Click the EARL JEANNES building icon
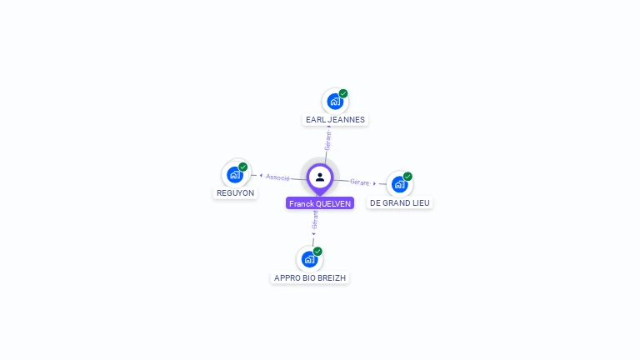click(334, 102)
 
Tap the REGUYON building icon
click(234, 174)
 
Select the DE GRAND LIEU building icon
click(399, 184)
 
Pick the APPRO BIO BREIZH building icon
click(309, 259)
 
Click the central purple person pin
click(320, 177)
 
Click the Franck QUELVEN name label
click(320, 203)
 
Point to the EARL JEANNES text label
click(335, 120)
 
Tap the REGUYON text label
click(235, 192)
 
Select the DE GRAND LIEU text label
click(400, 202)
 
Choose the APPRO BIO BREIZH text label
click(310, 277)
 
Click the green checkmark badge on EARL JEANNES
click(343, 93)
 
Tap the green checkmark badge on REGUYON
click(243, 167)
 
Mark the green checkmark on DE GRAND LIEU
click(407, 177)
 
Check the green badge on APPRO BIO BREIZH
click(317, 251)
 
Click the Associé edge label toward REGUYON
click(277, 177)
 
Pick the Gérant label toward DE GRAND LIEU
click(359, 182)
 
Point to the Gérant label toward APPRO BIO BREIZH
click(315, 220)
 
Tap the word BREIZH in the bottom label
click(332, 277)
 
